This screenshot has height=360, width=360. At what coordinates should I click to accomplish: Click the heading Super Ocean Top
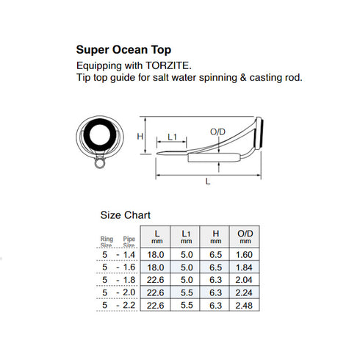pyautogui.click(x=124, y=50)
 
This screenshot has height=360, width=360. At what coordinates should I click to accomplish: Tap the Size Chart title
pyautogui.click(x=125, y=215)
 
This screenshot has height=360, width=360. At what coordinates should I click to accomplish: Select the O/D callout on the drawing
pyautogui.click(x=217, y=132)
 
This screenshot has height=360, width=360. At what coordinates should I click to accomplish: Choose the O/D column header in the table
pyautogui.click(x=245, y=237)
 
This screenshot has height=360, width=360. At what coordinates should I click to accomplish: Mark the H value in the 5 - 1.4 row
pyautogui.click(x=215, y=253)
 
